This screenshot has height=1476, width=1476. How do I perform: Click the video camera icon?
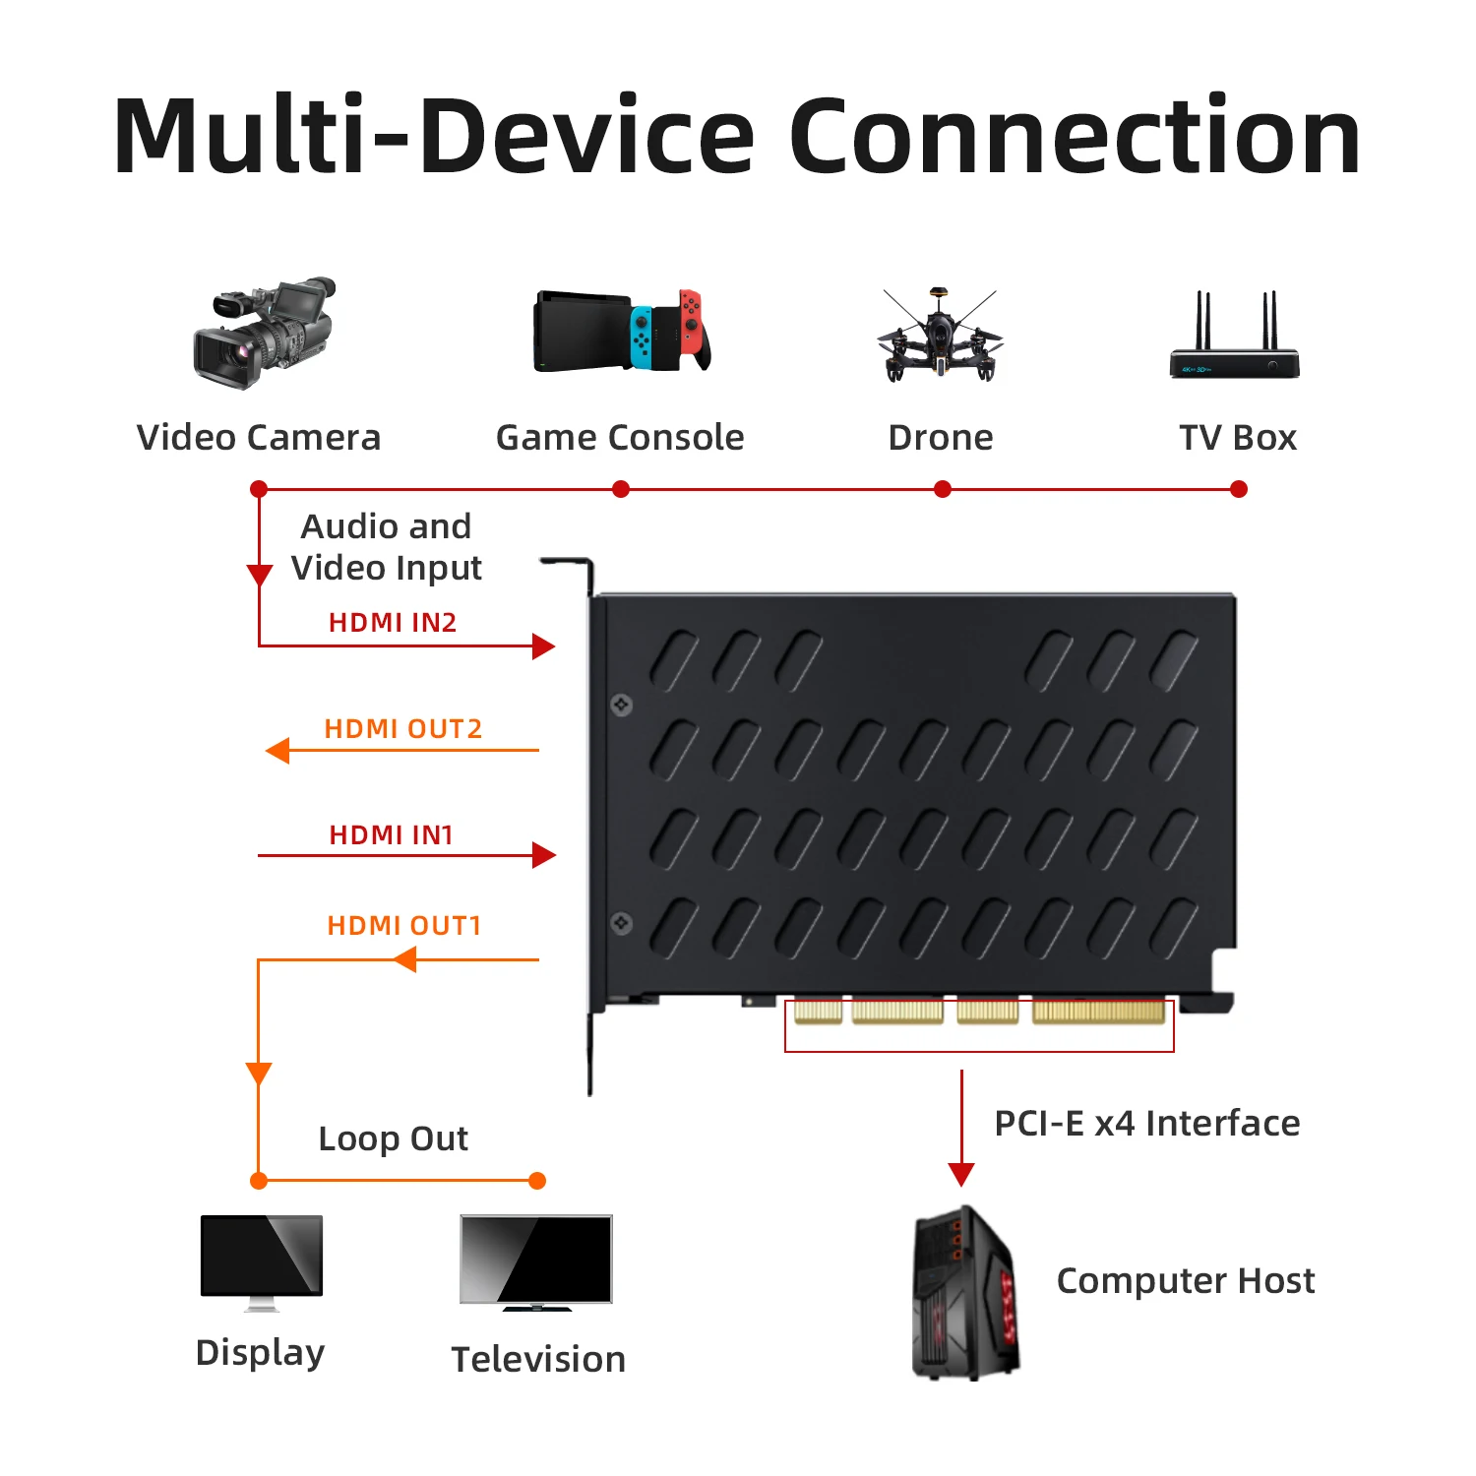click(264, 334)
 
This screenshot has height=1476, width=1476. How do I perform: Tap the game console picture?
click(622, 331)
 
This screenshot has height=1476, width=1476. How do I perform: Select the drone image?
click(940, 335)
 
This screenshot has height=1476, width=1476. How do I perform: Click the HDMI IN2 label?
click(392, 623)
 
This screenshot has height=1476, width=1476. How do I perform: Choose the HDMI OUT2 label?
click(402, 729)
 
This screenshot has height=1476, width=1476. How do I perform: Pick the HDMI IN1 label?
click(391, 835)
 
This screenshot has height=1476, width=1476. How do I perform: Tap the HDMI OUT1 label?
click(403, 926)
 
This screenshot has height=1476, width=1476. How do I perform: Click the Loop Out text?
click(393, 1138)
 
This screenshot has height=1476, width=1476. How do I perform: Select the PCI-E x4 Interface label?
click(1146, 1123)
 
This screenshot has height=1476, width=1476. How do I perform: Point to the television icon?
click(536, 1262)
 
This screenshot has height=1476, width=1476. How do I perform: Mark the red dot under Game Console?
click(621, 489)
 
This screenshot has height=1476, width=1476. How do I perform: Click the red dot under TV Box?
click(1239, 489)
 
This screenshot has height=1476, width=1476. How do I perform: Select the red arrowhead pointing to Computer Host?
click(961, 1174)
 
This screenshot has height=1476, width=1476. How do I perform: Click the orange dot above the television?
click(537, 1181)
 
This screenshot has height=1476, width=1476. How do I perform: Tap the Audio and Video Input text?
click(386, 547)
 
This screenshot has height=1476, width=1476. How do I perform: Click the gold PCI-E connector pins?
click(979, 1011)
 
